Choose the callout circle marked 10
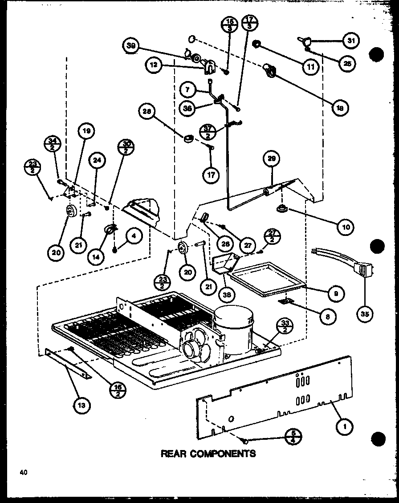click(x=345, y=227)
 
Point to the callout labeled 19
click(x=86, y=131)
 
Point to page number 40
click(x=24, y=473)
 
